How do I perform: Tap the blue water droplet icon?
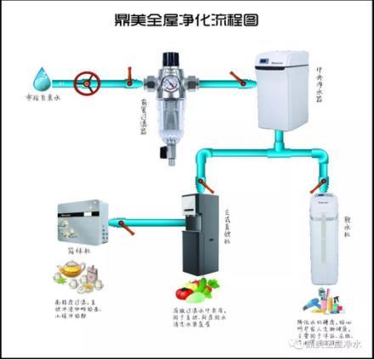click(x=37, y=81)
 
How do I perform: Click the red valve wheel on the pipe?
click(x=85, y=83)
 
